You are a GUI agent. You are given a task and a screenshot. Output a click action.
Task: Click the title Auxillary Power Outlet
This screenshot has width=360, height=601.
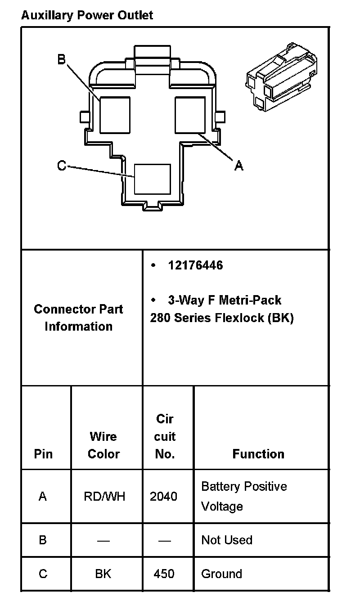point(87,15)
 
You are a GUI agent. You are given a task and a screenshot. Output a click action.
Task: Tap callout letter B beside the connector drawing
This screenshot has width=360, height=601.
point(62,59)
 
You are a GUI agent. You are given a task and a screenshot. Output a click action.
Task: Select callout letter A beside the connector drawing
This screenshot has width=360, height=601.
point(239,166)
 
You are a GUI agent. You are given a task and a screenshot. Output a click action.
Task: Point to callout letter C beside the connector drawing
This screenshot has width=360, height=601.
point(62,166)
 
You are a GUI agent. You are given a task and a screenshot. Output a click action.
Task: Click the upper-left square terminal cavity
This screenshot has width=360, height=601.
point(115,115)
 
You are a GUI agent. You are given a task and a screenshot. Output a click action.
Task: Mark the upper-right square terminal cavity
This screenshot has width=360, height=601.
point(190,115)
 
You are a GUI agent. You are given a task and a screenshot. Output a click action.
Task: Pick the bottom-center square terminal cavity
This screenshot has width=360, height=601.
point(153,179)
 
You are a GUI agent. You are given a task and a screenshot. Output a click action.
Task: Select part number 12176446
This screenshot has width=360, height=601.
point(195,265)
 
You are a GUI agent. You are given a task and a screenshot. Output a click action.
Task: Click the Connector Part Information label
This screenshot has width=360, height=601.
point(78,318)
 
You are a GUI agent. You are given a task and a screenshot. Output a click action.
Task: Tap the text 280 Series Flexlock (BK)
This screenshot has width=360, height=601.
point(222,318)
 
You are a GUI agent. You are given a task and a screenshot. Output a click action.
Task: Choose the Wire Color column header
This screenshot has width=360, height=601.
point(103,445)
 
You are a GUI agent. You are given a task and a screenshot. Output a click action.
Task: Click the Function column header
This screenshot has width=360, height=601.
point(258,454)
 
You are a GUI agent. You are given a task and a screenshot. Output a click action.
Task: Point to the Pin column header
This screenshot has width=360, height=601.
point(43,454)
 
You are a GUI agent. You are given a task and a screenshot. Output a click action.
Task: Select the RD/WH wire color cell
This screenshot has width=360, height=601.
point(104,497)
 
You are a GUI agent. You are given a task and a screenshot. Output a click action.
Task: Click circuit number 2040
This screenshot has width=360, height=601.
point(164,497)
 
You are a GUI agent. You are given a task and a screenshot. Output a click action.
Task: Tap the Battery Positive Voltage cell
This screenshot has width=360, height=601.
point(243,496)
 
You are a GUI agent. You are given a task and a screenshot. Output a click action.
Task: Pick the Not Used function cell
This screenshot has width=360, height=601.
point(227,540)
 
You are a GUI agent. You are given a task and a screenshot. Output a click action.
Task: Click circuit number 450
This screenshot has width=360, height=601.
point(164,574)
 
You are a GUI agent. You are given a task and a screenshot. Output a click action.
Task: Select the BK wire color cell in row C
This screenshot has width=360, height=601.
point(103,574)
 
